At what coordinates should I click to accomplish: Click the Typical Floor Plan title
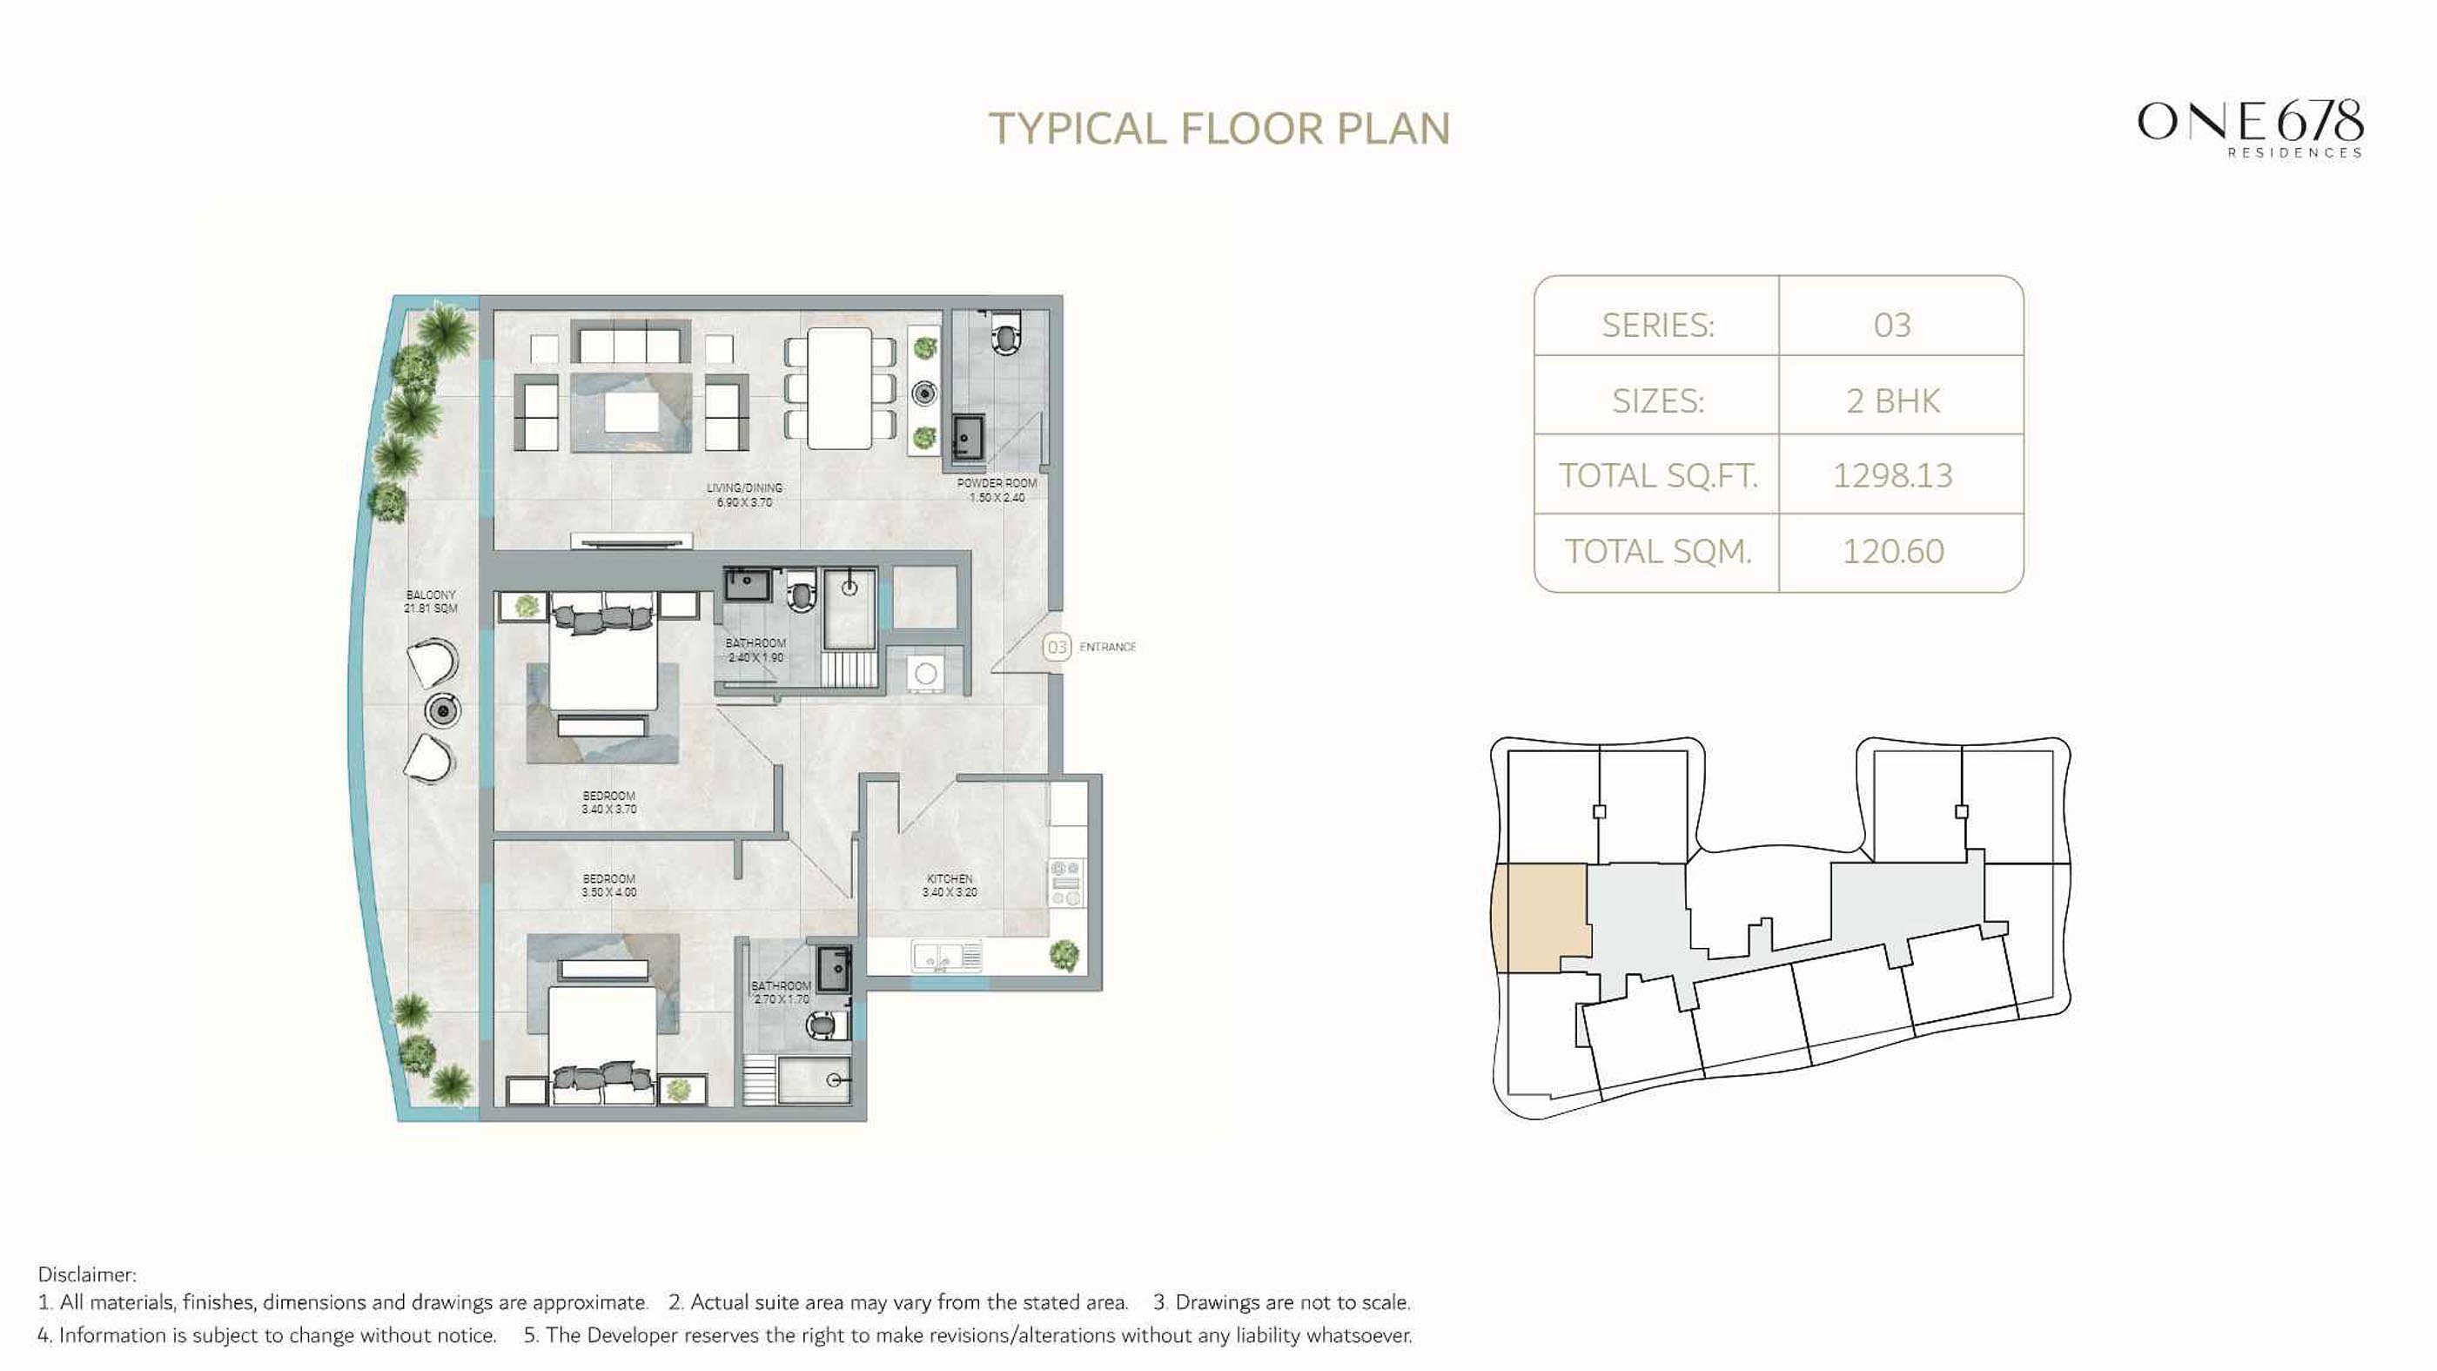coord(1219,129)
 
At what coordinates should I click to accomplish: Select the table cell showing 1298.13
coord(1892,475)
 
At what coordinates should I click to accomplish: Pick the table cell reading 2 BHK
coord(1892,401)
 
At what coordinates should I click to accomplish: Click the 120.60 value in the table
coord(1892,551)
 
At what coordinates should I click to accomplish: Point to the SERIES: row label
coord(1657,326)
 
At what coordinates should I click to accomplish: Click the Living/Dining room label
coord(744,494)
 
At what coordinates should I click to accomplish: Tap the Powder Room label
coord(997,490)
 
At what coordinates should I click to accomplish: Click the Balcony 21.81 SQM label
coord(431,601)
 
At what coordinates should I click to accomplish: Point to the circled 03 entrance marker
coord(1057,647)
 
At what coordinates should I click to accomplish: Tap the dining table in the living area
coord(839,388)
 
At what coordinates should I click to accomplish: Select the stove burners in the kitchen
coord(1066,883)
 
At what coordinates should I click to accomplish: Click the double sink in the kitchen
coord(946,956)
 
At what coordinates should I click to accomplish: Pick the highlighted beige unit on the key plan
coord(1539,917)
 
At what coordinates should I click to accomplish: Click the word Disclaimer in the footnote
coord(87,1274)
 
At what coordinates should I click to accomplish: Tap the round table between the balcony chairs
coord(442,709)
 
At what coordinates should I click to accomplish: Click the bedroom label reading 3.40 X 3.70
coord(609,803)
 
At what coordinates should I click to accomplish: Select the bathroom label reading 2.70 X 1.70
coord(781,992)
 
